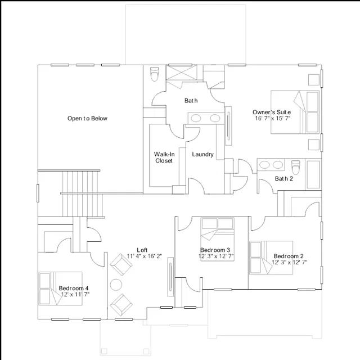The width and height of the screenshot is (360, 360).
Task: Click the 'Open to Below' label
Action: pyautogui.click(x=87, y=119)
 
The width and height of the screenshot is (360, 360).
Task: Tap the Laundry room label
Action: pyautogui.click(x=202, y=154)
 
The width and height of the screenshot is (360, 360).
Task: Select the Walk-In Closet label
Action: pyautogui.click(x=164, y=157)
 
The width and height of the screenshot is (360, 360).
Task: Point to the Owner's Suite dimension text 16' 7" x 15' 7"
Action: pyautogui.click(x=273, y=119)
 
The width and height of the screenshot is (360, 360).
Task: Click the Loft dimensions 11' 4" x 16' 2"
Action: pyautogui.click(x=145, y=256)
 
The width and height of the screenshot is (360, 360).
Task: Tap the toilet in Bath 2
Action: pyautogui.click(x=295, y=167)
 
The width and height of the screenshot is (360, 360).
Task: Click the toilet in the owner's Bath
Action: pyautogui.click(x=155, y=74)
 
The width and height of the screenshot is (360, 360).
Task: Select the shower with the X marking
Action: pyautogui.click(x=181, y=73)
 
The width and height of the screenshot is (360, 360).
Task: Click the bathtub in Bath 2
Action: pyautogui.click(x=313, y=174)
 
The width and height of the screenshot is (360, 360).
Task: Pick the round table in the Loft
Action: pyautogui.click(x=116, y=285)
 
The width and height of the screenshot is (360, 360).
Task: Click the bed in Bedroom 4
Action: pyautogui.click(x=60, y=289)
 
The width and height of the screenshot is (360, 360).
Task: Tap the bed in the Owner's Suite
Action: pyautogui.click(x=295, y=112)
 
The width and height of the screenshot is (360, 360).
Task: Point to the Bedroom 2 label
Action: pyautogui.click(x=289, y=256)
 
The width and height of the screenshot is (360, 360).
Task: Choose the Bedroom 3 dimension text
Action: pyautogui.click(x=216, y=256)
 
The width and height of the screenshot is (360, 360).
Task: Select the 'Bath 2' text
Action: pyautogui.click(x=284, y=178)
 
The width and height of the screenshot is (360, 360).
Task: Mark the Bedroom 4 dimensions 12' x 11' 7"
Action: pyautogui.click(x=75, y=294)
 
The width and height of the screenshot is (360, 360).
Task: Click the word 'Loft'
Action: pyautogui.click(x=142, y=250)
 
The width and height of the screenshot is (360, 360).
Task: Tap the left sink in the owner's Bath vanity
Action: pyautogui.click(x=196, y=118)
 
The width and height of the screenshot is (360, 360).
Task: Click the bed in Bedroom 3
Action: pyautogui.click(x=217, y=239)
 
